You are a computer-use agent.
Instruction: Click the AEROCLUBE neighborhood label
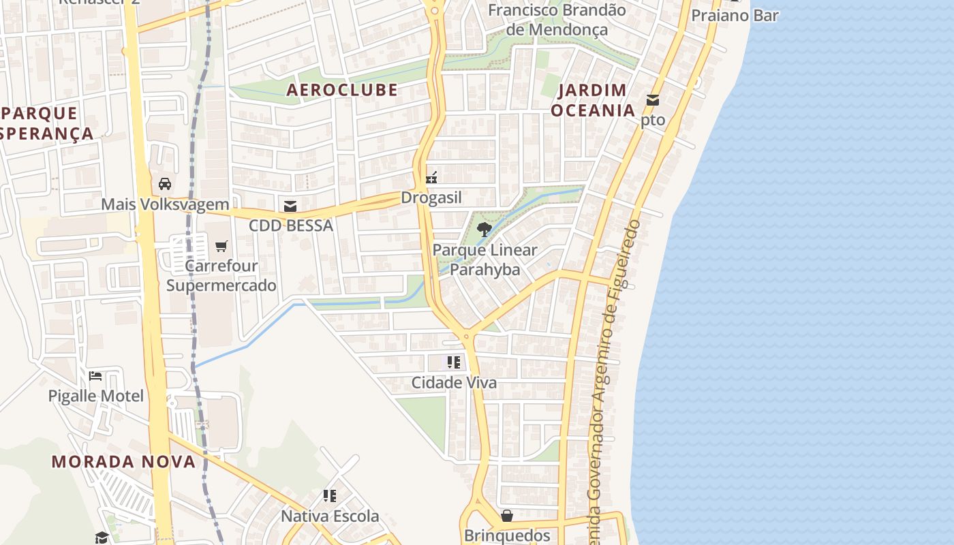click(x=341, y=90)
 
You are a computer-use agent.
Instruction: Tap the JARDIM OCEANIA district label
click(x=592, y=100)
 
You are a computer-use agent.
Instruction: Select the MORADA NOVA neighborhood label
click(x=123, y=461)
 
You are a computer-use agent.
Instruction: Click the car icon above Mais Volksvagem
click(x=165, y=183)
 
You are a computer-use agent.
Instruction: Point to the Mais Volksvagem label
click(x=165, y=204)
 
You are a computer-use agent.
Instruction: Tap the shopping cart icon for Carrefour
click(x=221, y=246)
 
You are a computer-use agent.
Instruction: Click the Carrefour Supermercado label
click(x=221, y=275)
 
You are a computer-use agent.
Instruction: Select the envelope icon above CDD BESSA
click(x=290, y=206)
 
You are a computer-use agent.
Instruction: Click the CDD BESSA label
click(x=290, y=225)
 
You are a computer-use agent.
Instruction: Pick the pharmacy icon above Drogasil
click(x=431, y=178)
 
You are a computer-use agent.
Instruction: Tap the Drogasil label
click(x=431, y=198)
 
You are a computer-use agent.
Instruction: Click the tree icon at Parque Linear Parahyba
click(x=484, y=230)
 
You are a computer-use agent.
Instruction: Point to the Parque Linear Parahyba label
click(x=484, y=260)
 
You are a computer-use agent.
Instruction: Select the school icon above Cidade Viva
click(x=454, y=362)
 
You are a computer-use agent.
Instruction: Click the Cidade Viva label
click(x=454, y=383)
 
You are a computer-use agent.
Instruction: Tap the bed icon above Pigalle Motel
click(x=95, y=375)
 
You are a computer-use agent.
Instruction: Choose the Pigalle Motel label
click(x=95, y=396)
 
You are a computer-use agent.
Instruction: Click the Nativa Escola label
click(x=330, y=516)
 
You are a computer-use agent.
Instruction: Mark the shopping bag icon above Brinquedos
click(x=507, y=516)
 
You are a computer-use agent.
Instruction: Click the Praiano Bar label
click(x=735, y=15)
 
